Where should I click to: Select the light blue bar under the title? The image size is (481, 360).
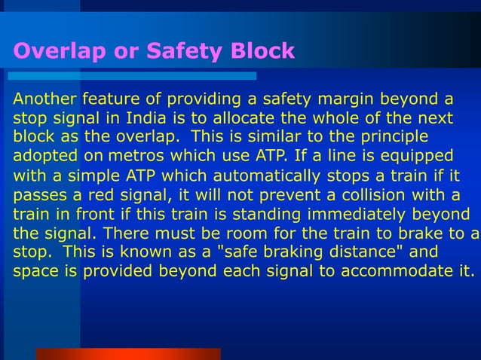pos(132,76)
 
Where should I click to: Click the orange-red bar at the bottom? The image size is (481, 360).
pos(128,353)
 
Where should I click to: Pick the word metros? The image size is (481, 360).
pos(136,156)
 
